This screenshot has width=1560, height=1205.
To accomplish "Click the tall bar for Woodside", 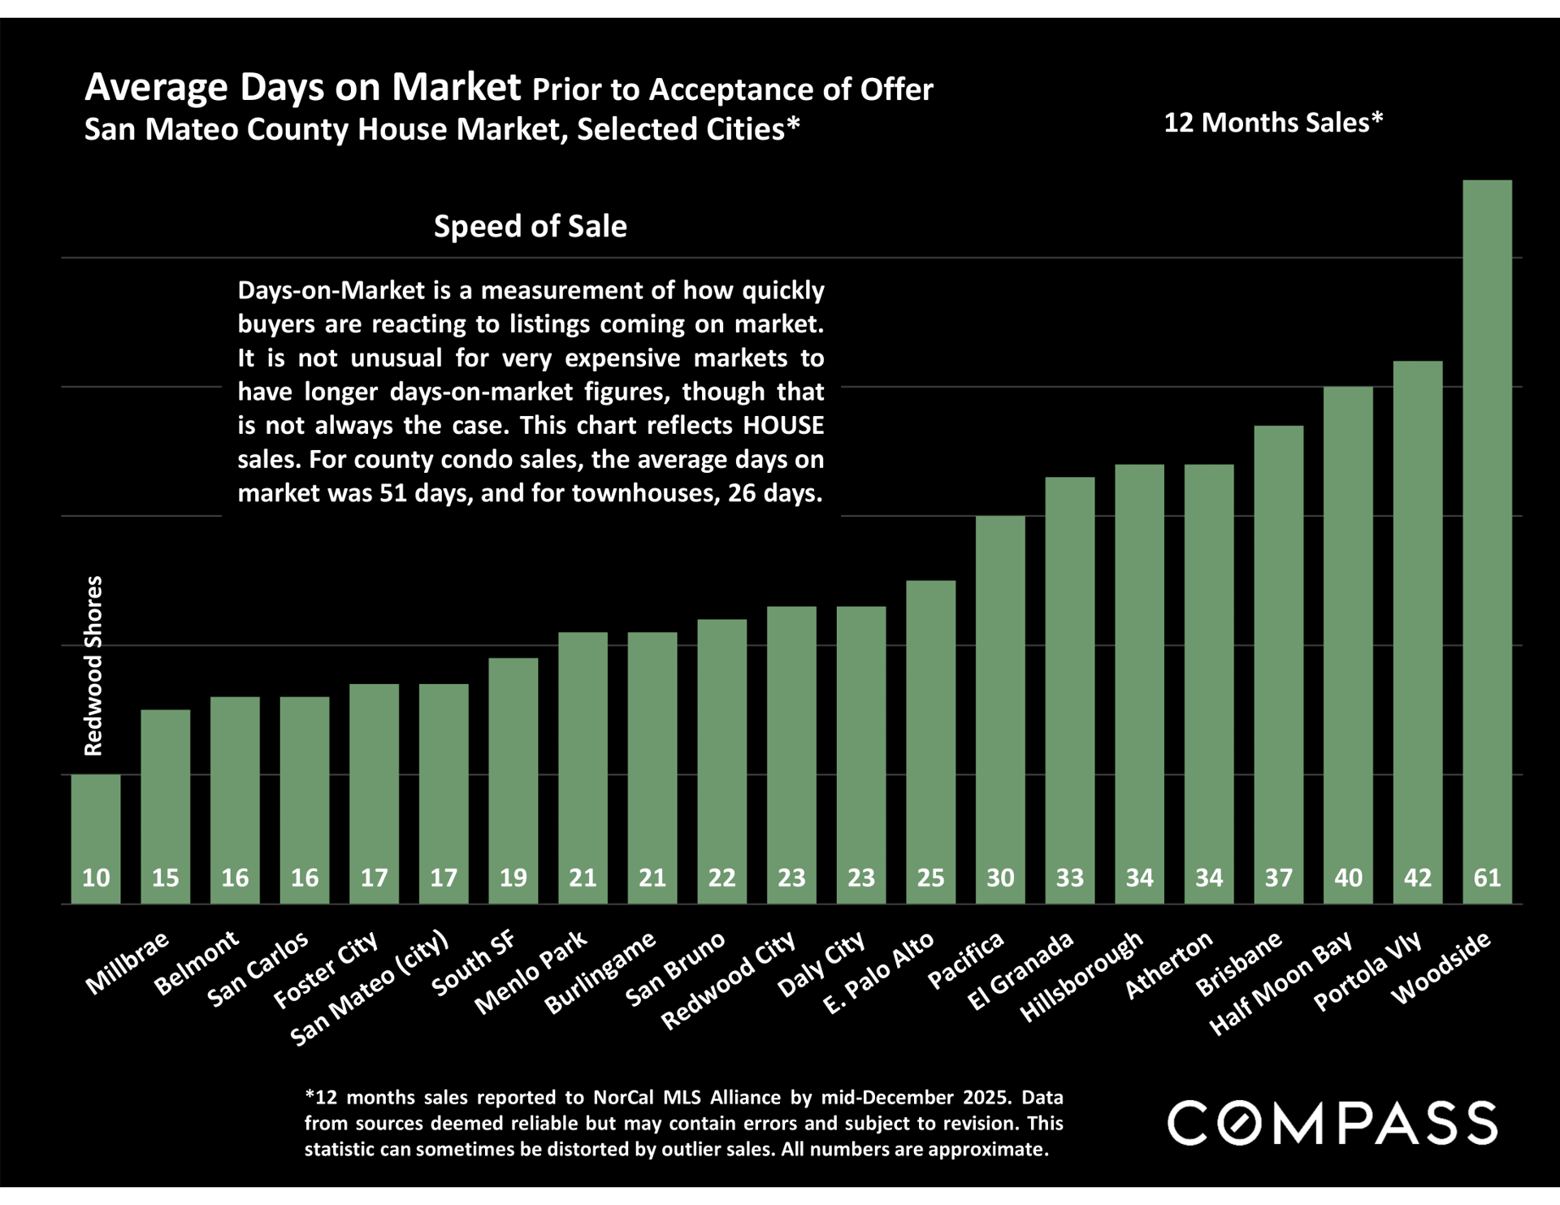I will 1487,536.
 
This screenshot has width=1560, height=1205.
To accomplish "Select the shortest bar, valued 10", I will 96,837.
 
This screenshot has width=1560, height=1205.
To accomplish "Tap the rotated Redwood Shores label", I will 94,665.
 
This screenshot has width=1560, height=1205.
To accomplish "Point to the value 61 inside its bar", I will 1487,878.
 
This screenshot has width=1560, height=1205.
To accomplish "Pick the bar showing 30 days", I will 1000,707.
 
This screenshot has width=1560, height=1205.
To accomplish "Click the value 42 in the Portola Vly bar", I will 1418,878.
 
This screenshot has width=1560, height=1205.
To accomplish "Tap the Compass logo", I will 1332,1123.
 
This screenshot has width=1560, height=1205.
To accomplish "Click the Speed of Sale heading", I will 530,226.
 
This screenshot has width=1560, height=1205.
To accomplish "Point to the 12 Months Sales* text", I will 1273,123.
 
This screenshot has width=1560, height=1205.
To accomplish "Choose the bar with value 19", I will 513,780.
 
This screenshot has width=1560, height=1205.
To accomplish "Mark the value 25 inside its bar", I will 930,878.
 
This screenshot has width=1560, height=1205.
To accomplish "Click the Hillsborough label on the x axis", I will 1081,976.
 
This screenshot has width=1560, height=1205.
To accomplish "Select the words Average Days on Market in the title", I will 302,87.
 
